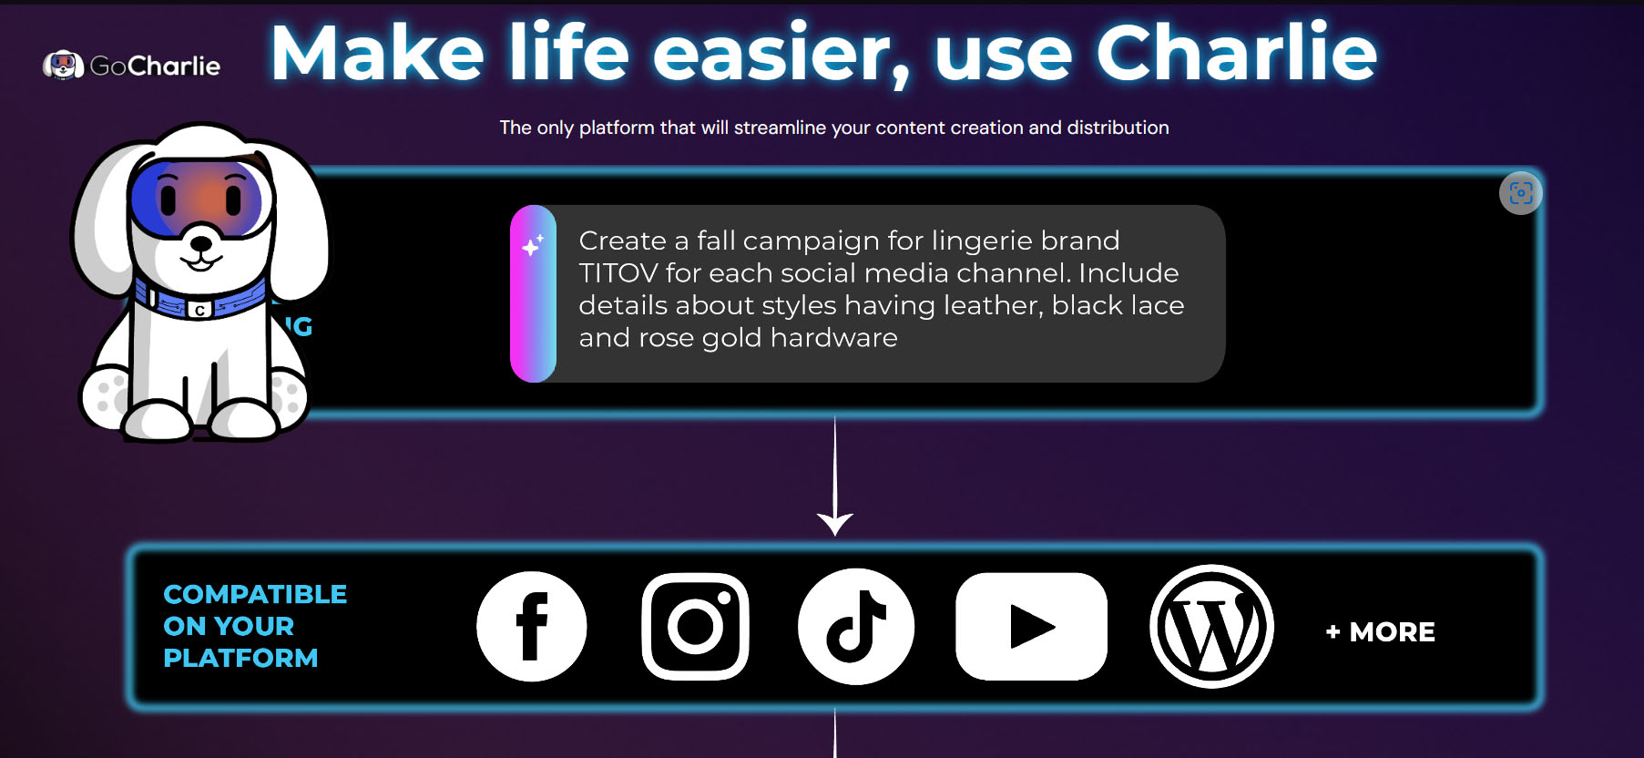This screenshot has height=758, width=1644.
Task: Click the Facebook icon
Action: pyautogui.click(x=532, y=627)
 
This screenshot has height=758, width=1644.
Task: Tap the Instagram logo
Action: pyautogui.click(x=695, y=627)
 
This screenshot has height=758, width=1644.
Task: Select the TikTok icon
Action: pyautogui.click(x=856, y=627)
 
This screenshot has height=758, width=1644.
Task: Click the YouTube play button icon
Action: pyautogui.click(x=1031, y=627)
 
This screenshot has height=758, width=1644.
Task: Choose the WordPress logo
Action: pyautogui.click(x=1211, y=627)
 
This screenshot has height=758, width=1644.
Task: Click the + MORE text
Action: pyautogui.click(x=1381, y=632)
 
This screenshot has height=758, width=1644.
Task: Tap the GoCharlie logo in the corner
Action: pyautogui.click(x=132, y=66)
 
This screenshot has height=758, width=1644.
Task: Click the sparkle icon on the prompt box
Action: pyautogui.click(x=533, y=245)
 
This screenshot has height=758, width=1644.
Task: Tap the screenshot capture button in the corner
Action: pyautogui.click(x=1520, y=193)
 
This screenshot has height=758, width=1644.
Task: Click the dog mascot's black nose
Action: pyautogui.click(x=200, y=243)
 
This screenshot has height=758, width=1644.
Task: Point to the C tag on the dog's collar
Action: pyautogui.click(x=200, y=311)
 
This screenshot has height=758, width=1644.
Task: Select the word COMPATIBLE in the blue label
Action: pyautogui.click(x=255, y=595)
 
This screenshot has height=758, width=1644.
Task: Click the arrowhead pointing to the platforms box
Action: pyautogui.click(x=835, y=524)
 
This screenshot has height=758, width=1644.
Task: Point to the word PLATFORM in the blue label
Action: pyautogui.click(x=240, y=658)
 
